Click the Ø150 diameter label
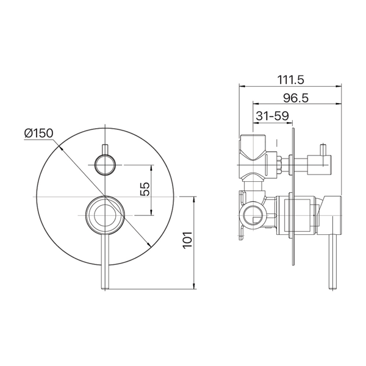coord(39,133)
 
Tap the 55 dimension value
coord(145,189)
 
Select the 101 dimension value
coord(187,240)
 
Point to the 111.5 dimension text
coord(290,80)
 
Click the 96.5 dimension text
coord(296,98)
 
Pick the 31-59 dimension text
coord(273,115)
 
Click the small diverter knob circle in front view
coord(105,165)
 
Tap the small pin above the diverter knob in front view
coord(105,149)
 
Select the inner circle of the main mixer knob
coord(105,215)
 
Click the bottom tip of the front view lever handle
coord(105,289)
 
